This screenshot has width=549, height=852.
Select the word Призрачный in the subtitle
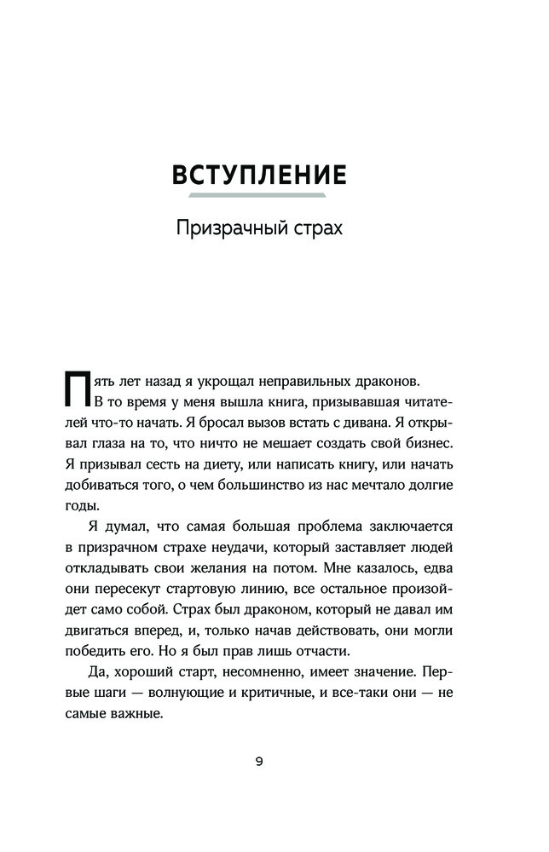click(222, 229)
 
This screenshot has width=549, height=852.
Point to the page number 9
click(259, 762)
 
